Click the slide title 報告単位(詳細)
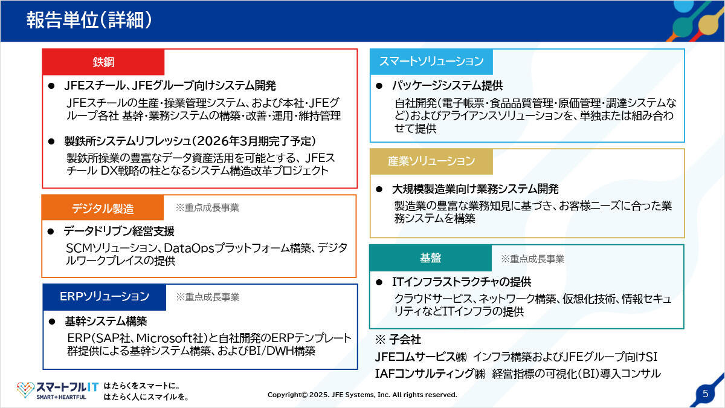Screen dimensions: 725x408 point(89,20)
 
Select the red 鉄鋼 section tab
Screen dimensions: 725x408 point(103,62)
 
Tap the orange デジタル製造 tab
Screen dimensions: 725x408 point(103,208)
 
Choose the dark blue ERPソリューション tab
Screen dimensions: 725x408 point(105,297)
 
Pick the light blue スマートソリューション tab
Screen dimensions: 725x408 point(431,62)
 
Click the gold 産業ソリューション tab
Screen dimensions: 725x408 point(431,161)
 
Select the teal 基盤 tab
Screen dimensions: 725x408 point(430,258)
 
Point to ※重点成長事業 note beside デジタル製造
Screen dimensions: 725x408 point(207,207)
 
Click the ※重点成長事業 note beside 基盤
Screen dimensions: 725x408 point(532,259)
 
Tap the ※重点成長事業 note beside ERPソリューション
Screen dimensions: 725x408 point(207,297)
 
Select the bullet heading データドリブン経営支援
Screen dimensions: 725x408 point(119,231)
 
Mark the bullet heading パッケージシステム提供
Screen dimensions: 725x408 point(447,85)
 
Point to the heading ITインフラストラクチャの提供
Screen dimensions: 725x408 point(462,282)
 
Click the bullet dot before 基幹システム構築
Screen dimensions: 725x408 point(52,322)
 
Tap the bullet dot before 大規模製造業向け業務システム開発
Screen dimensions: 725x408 point(379,189)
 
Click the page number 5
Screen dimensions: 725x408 point(706,393)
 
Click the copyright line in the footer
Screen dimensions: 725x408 point(362,395)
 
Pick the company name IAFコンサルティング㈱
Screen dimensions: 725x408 point(430,374)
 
